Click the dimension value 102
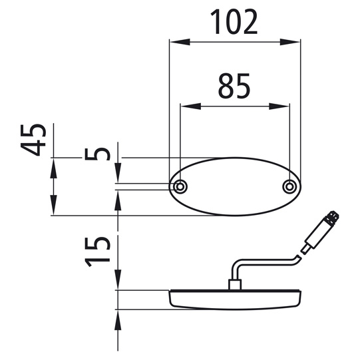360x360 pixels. click(234, 23)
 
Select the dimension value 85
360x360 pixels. click(234, 86)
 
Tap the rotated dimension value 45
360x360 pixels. click(33, 140)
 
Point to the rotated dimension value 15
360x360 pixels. click(97, 252)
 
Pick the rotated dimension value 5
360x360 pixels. click(97, 154)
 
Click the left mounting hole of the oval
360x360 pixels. click(180, 187)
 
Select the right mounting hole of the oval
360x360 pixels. click(289, 187)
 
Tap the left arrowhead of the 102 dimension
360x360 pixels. click(180, 42)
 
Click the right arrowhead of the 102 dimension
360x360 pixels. click(290, 42)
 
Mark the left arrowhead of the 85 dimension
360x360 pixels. click(190, 106)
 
